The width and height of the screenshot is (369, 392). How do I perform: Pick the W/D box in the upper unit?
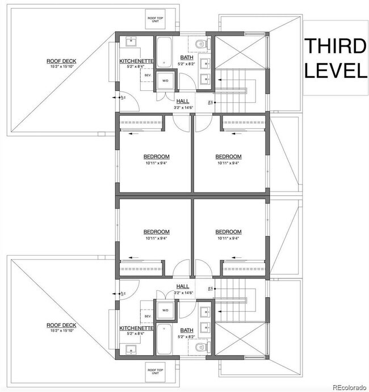click(166, 81)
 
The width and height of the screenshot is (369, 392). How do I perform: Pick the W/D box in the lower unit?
click(166, 310)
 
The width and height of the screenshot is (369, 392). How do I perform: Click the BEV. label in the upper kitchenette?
click(148, 74)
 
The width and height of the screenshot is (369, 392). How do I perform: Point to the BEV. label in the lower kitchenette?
click(148, 316)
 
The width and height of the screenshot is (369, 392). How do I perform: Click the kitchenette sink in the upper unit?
click(129, 41)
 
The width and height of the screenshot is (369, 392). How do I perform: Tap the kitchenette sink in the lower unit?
click(129, 349)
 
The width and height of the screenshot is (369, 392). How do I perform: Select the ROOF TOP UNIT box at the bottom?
click(156, 372)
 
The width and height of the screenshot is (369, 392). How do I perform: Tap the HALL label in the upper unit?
click(183, 101)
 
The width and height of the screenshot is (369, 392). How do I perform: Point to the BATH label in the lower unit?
click(186, 330)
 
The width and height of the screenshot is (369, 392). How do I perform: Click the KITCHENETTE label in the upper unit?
click(136, 61)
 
